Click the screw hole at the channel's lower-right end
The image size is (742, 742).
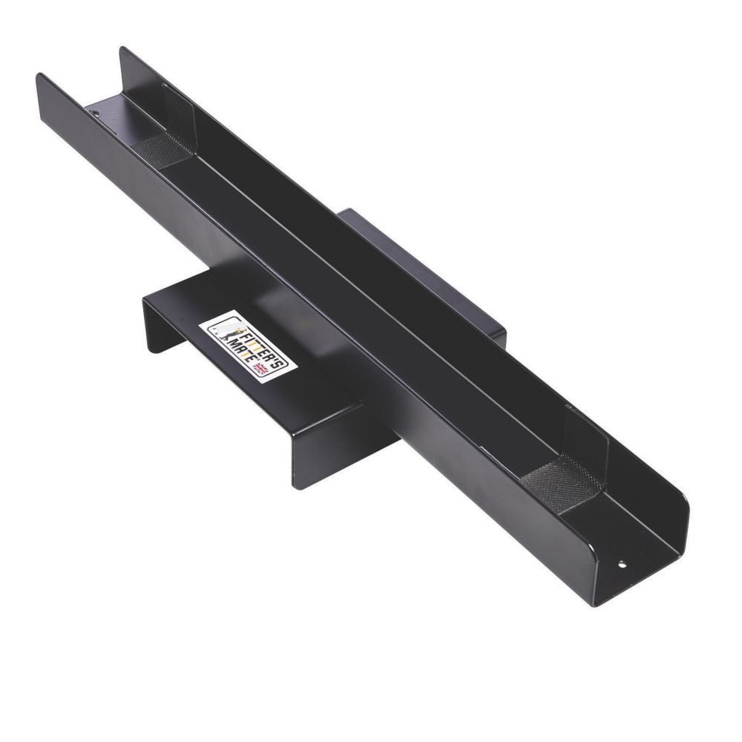pos(622,565)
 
